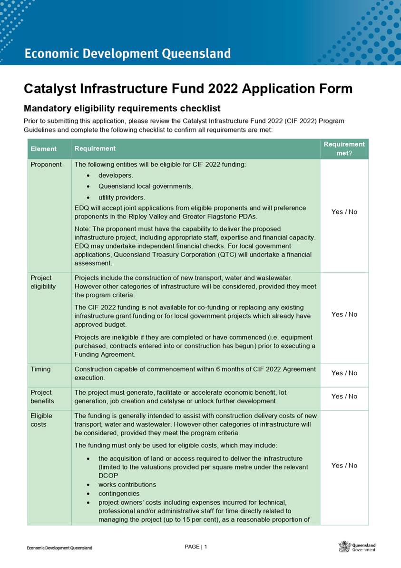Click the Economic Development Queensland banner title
click(x=127, y=54)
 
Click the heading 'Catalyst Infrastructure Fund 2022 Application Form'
click(x=188, y=89)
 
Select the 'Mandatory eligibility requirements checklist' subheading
click(x=122, y=108)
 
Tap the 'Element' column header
click(x=43, y=149)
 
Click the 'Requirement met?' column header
click(x=344, y=149)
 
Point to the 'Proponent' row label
click(x=46, y=165)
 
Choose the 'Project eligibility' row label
click(x=43, y=282)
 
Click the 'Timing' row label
click(x=41, y=369)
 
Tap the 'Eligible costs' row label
click(x=41, y=420)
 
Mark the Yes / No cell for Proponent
click(x=344, y=212)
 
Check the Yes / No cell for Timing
click(x=344, y=373)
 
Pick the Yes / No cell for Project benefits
click(x=344, y=396)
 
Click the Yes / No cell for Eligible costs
click(x=344, y=466)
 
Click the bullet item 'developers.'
click(x=116, y=175)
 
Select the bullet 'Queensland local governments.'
click(x=146, y=186)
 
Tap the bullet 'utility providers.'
click(x=122, y=197)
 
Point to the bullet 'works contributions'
click(x=127, y=485)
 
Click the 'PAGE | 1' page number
click(x=196, y=547)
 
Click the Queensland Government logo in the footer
click(x=357, y=547)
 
